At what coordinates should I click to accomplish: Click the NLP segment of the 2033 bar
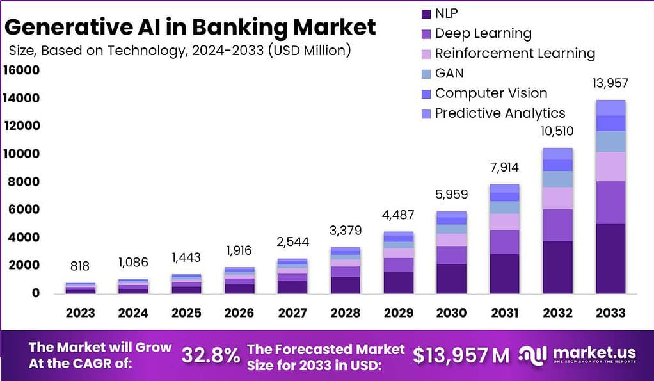click(x=610, y=258)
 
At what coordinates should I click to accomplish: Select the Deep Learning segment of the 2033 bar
click(x=610, y=202)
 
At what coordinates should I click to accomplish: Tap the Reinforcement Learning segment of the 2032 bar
click(x=557, y=198)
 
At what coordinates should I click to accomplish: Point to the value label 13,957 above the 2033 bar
click(x=610, y=83)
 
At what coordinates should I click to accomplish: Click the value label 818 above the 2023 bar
click(x=80, y=266)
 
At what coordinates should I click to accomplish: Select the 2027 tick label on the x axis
click(x=292, y=312)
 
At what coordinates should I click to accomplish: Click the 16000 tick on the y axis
click(x=21, y=70)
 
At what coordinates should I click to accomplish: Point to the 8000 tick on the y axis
click(x=24, y=182)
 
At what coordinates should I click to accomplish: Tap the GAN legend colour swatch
click(x=426, y=74)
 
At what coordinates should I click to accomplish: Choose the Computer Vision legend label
click(x=491, y=93)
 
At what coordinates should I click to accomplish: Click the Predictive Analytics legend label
click(x=500, y=113)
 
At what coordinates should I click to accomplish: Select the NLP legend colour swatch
click(x=426, y=13)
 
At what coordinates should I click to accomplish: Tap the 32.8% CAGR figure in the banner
click(x=211, y=355)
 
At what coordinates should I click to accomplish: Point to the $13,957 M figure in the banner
click(x=461, y=355)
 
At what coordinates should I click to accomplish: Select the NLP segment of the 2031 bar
click(x=504, y=273)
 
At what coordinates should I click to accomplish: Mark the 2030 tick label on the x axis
click(x=452, y=312)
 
